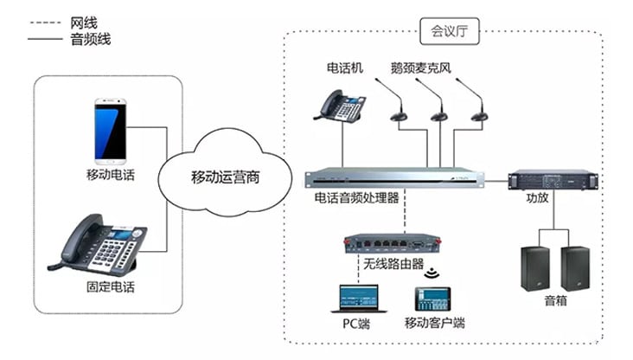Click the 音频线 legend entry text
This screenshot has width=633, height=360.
click(90, 39)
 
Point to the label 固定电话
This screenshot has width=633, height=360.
click(111, 286)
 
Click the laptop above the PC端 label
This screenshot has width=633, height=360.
click(355, 299)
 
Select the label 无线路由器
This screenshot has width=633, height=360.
click(393, 263)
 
